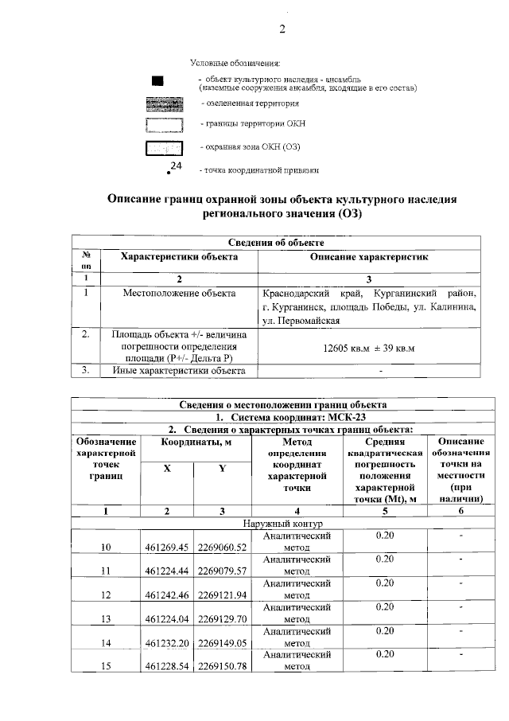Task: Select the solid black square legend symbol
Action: (158, 80)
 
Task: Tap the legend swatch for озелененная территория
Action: (164, 103)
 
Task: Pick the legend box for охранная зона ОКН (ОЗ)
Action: (164, 147)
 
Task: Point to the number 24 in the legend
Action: (177, 165)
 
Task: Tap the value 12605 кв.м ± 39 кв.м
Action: (370, 349)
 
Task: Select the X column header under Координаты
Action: (167, 469)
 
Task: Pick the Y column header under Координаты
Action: (222, 469)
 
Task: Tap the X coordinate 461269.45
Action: (167, 548)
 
